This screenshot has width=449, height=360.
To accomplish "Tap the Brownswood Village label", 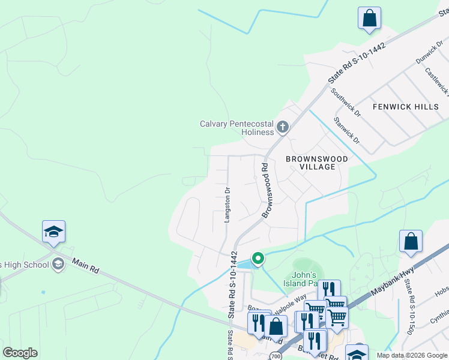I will (316, 163).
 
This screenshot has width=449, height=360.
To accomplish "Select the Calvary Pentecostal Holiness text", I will (237, 128).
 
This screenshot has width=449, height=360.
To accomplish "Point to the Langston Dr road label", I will (228, 205).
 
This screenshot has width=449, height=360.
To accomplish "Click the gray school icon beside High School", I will (58, 264).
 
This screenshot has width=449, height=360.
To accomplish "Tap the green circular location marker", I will (258, 259).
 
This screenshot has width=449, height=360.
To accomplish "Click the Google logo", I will (20, 353).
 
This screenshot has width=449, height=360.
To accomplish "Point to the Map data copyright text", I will (411, 355).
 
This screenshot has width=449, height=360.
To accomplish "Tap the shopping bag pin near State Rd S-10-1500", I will (411, 242).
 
